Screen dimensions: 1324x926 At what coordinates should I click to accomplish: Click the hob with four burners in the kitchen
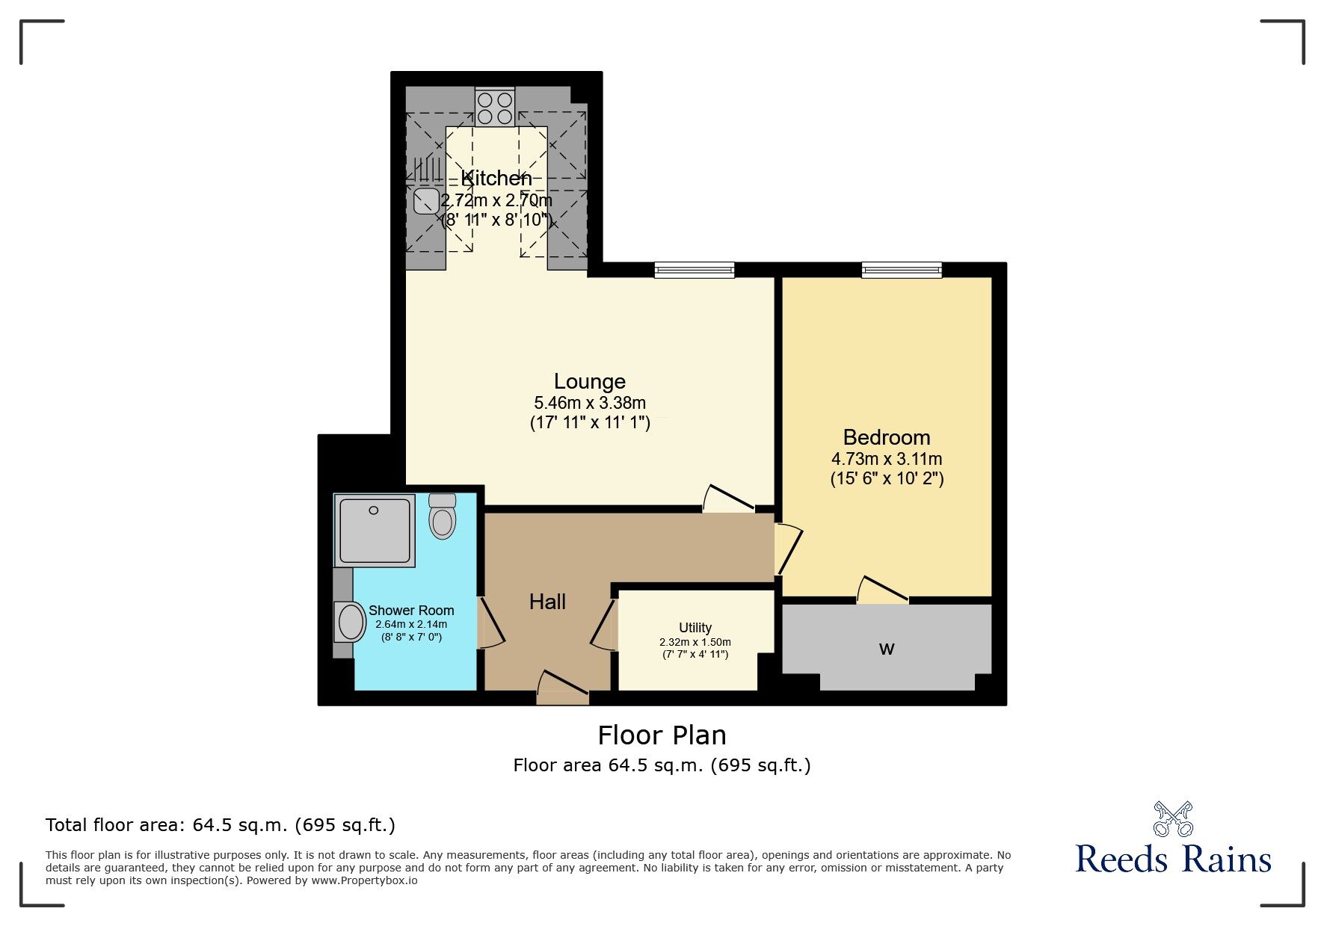pyautogui.click(x=495, y=107)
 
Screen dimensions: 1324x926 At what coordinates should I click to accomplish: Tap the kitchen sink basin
pyautogui.click(x=426, y=201)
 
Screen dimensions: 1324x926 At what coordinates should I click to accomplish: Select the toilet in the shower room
pyautogui.click(x=443, y=516)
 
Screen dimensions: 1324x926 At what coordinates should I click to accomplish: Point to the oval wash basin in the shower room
pyautogui.click(x=348, y=621)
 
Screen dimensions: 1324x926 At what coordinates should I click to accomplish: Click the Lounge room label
pyautogui.click(x=590, y=381)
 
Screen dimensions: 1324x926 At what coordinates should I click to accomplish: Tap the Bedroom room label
pyautogui.click(x=887, y=437)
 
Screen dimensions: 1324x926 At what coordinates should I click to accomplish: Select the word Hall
pyautogui.click(x=547, y=602)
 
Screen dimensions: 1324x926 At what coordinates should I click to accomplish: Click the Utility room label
pyautogui.click(x=695, y=628)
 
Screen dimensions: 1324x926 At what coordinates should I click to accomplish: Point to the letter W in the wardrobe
pyautogui.click(x=887, y=649)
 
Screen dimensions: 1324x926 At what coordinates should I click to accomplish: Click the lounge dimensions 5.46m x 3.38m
pyautogui.click(x=590, y=403)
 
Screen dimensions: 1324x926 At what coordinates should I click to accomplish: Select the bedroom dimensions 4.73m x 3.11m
pyautogui.click(x=887, y=459)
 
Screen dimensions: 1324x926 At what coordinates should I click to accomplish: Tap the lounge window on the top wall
pyautogui.click(x=695, y=270)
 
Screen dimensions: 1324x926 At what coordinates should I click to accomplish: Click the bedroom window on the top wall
pyautogui.click(x=902, y=270)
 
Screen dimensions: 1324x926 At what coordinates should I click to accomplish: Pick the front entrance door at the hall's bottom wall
pyautogui.click(x=563, y=688)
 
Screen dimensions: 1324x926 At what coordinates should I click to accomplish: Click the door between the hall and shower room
pyautogui.click(x=491, y=622)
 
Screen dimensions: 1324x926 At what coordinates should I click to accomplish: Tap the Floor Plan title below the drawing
pyautogui.click(x=662, y=735)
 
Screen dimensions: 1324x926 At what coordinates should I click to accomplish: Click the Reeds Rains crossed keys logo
pyautogui.click(x=1173, y=819)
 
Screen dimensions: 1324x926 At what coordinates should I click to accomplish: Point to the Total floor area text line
pyautogui.click(x=221, y=825)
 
